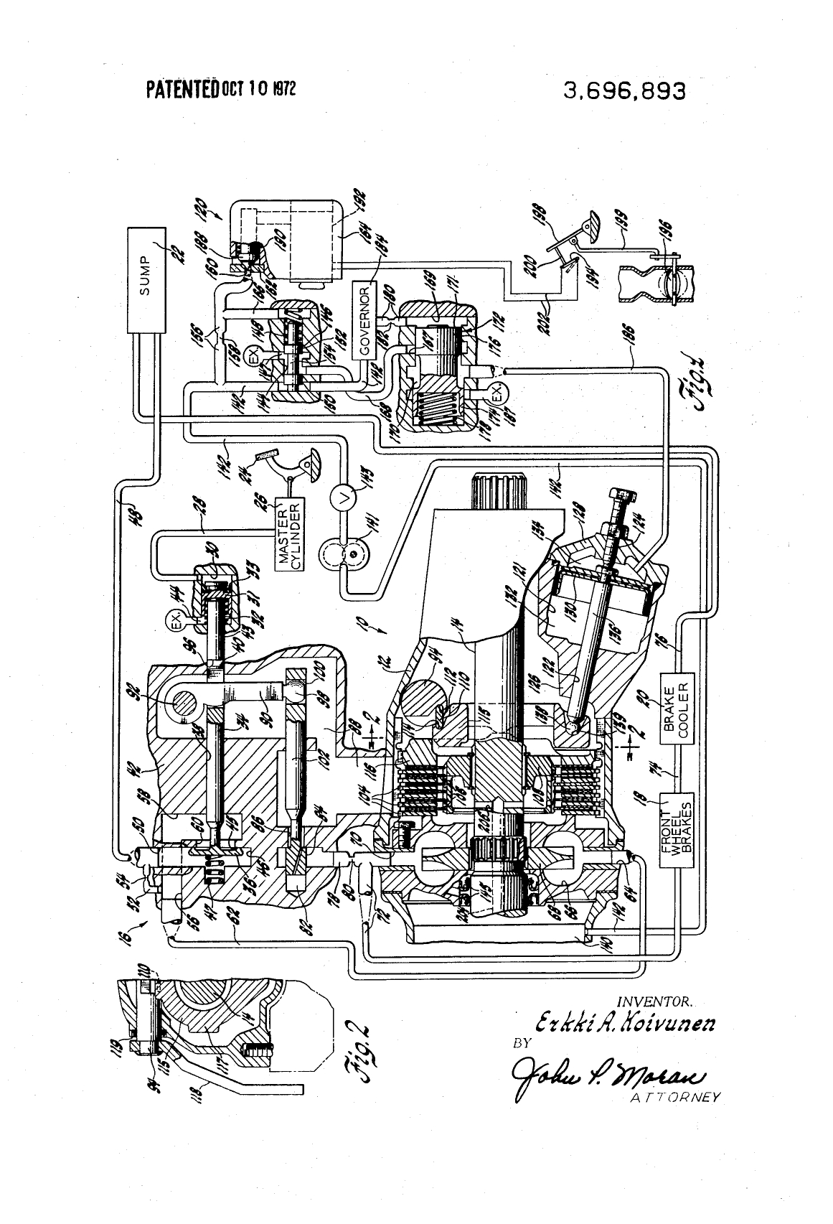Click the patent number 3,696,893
point(624,91)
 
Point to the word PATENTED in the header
point(182,90)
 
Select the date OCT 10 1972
point(258,89)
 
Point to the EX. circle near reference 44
point(175,622)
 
